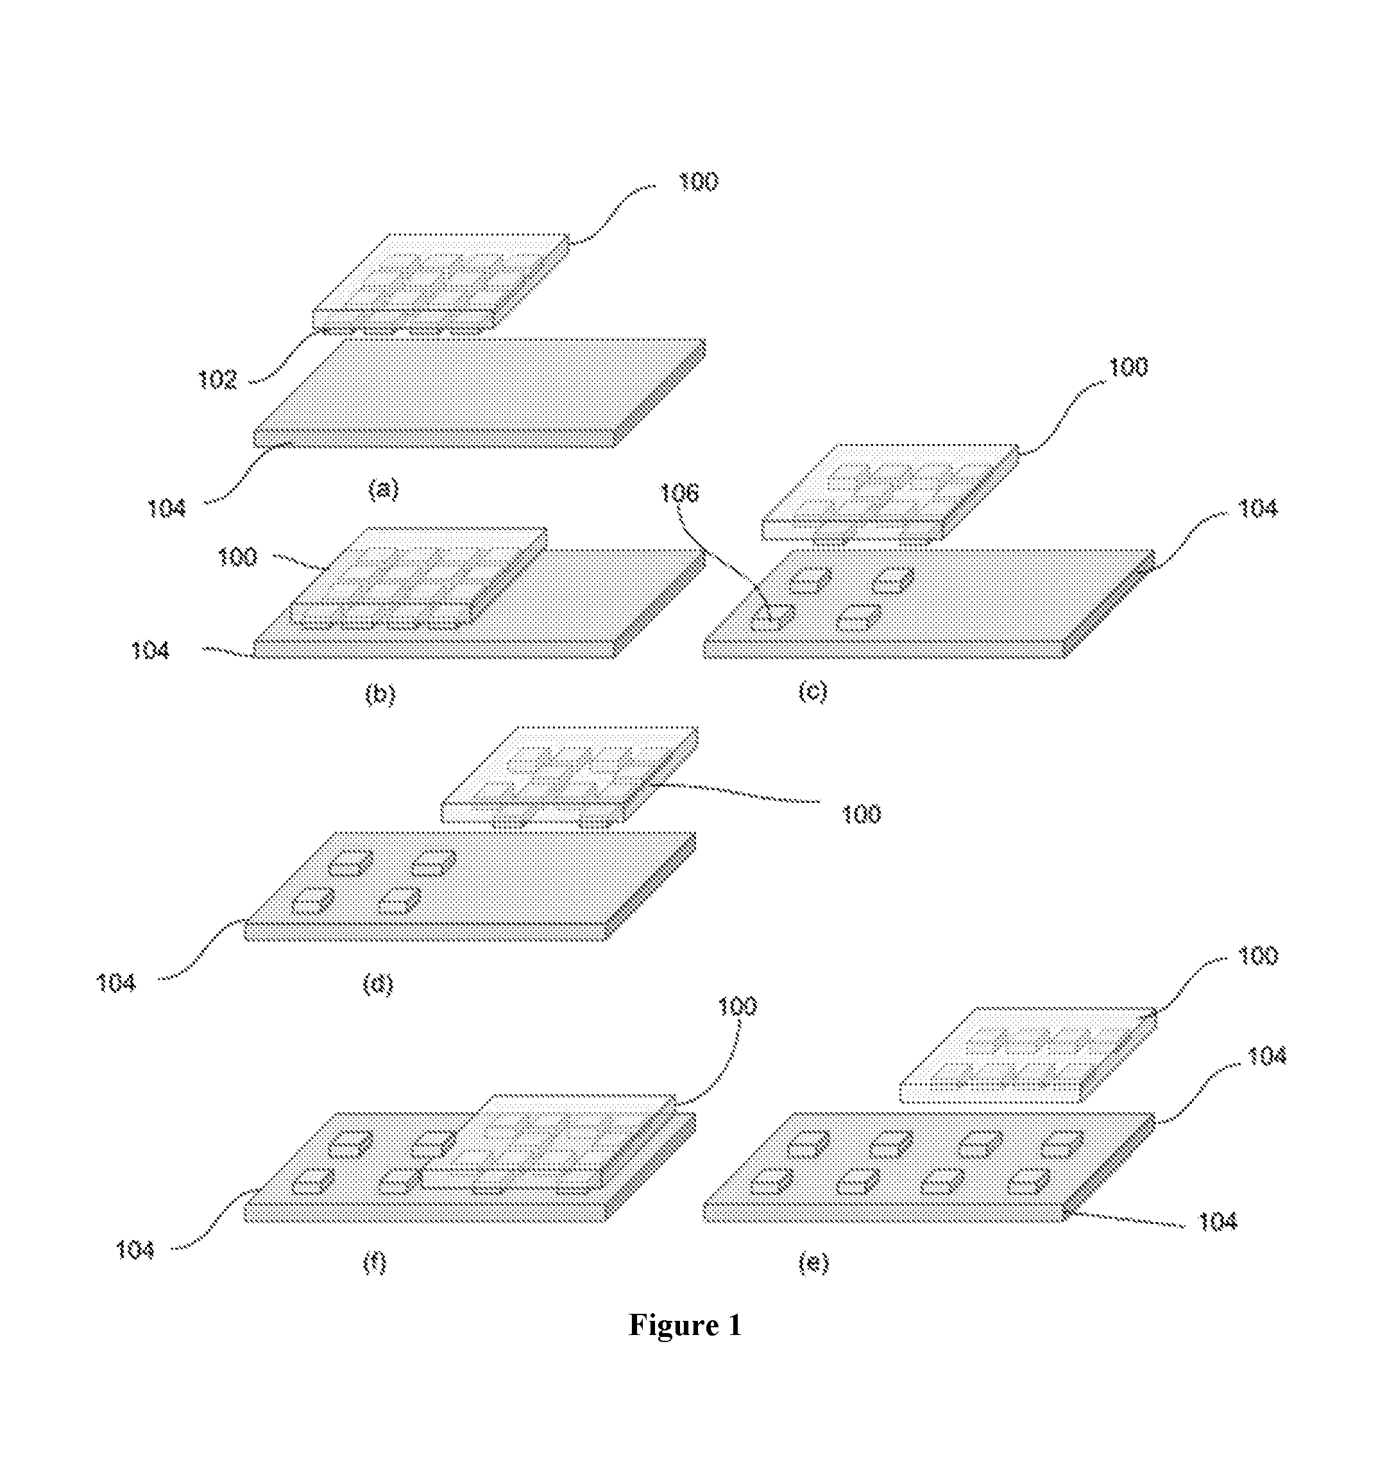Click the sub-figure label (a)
(x=383, y=490)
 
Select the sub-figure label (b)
(x=380, y=694)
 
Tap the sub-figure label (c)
(x=813, y=691)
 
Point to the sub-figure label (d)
(x=378, y=984)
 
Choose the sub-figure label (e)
(x=813, y=1264)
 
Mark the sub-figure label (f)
(x=374, y=1264)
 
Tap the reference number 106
(x=678, y=493)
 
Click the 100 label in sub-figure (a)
(x=698, y=181)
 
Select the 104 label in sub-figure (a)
(x=166, y=508)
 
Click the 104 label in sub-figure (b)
(x=150, y=650)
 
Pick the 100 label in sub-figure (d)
(x=860, y=814)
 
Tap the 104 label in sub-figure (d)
(x=116, y=983)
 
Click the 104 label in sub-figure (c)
(x=1258, y=508)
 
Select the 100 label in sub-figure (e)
(x=1258, y=956)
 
